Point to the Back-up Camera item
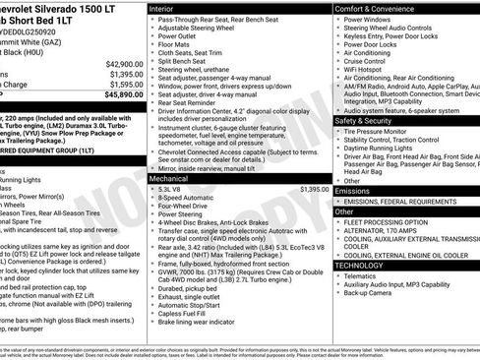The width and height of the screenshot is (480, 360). pos(368,294)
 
